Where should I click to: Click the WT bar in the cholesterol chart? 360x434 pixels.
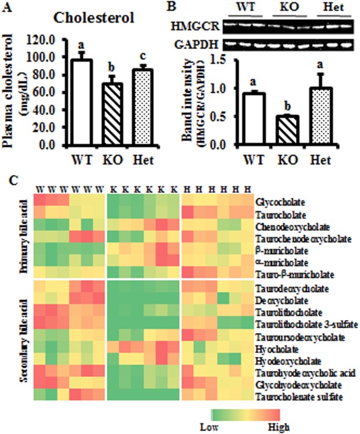pos(82,103)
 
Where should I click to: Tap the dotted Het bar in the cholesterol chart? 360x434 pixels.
pos(141,107)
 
